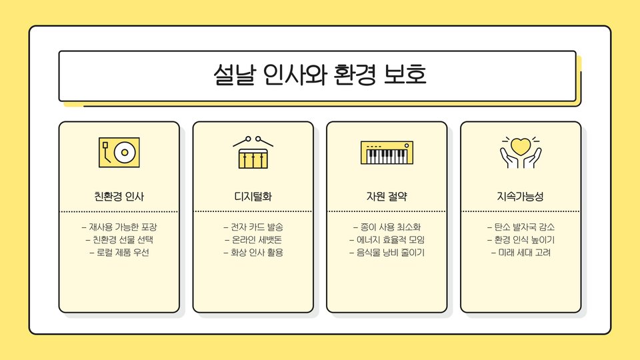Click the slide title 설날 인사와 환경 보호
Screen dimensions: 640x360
pyautogui.click(x=319, y=75)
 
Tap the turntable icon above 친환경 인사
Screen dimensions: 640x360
pyautogui.click(x=119, y=153)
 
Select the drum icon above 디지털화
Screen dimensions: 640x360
pyautogui.click(x=253, y=153)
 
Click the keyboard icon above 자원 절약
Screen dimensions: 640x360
pyautogui.click(x=387, y=153)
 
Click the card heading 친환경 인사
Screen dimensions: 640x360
pyautogui.click(x=119, y=197)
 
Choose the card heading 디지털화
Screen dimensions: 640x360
pyautogui.click(x=253, y=197)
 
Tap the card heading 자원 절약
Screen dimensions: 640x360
pyautogui.click(x=387, y=197)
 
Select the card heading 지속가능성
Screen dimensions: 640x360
pyautogui.click(x=521, y=197)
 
